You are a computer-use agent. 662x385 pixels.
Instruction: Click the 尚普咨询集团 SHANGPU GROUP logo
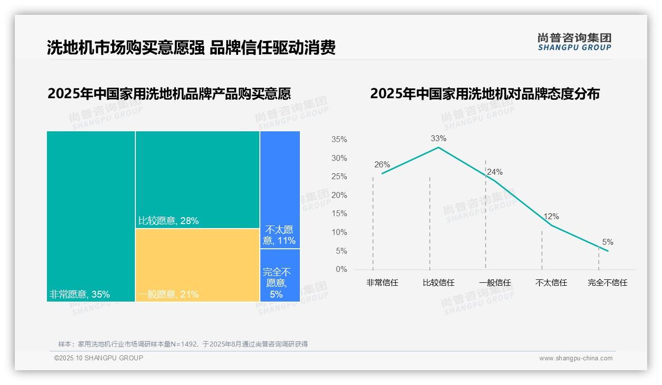575,42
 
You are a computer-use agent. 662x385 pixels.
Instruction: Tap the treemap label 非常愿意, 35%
80,295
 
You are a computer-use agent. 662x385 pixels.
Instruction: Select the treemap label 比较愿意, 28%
168,221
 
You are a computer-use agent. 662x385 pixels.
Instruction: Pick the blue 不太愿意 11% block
280,189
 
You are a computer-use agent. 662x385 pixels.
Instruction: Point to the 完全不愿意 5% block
280,275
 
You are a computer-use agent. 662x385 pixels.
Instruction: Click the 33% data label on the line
438,139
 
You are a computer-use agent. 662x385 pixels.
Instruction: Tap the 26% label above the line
382,165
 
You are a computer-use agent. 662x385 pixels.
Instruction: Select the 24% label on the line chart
495,172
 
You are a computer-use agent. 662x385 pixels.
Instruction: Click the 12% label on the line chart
551,217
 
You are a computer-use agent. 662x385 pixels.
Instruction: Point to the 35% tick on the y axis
339,140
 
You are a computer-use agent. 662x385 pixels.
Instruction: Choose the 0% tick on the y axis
341,269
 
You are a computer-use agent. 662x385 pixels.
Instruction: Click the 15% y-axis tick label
339,214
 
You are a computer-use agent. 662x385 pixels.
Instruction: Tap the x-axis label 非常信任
382,283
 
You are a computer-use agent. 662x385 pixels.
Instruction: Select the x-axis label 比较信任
438,283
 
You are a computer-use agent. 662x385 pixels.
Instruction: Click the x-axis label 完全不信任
607,283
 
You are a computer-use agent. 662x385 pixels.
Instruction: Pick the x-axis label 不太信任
551,283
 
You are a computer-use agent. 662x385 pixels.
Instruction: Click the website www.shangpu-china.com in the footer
576,358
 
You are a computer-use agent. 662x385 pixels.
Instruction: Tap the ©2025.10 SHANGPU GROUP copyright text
99,358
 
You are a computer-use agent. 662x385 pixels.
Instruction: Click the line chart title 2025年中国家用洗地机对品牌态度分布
485,94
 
